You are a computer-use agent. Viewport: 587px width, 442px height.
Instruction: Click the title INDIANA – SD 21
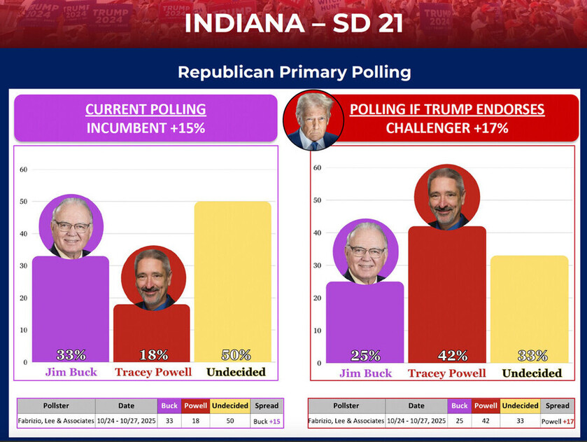point(294,24)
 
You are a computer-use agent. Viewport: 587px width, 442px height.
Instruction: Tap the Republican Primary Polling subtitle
point(294,72)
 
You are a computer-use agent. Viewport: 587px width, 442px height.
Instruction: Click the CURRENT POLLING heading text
point(146,109)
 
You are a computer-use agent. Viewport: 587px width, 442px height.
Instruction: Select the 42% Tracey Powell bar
point(446,294)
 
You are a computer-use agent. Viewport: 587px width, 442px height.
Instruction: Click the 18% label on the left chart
point(153,355)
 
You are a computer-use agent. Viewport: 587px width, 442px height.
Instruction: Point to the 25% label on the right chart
point(365,356)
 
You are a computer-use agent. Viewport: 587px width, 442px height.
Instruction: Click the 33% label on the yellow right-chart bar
point(532,356)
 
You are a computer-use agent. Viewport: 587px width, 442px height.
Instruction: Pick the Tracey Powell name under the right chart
point(446,373)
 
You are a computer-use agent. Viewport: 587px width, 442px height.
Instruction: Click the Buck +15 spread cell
point(267,421)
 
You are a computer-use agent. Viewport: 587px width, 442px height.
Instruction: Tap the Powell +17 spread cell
point(558,421)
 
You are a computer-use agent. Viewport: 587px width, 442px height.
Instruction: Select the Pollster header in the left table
point(55,406)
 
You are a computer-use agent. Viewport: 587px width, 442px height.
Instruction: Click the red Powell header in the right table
point(486,406)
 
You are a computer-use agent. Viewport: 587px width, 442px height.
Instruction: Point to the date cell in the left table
point(126,421)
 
